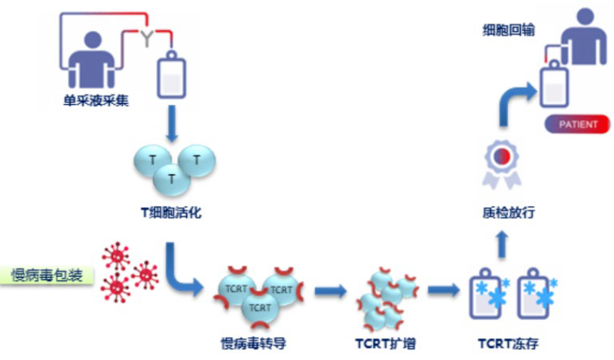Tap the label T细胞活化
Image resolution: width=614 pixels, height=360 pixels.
pyautogui.click(x=171, y=213)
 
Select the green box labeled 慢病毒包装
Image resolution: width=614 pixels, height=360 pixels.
pyautogui.click(x=47, y=274)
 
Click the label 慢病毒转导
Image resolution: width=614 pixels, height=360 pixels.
pyautogui.click(x=254, y=345)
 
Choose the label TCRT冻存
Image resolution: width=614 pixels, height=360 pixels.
pyautogui.click(x=509, y=345)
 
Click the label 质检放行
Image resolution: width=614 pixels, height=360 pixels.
pyautogui.click(x=503, y=213)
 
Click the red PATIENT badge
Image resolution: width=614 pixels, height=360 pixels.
pyautogui.click(x=578, y=124)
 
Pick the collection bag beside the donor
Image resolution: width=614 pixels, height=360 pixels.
pyautogui.click(x=171, y=74)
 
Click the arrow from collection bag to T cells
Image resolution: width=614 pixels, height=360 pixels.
pyautogui.click(x=171, y=125)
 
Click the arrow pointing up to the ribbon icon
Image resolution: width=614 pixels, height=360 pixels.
pyautogui.click(x=503, y=242)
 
